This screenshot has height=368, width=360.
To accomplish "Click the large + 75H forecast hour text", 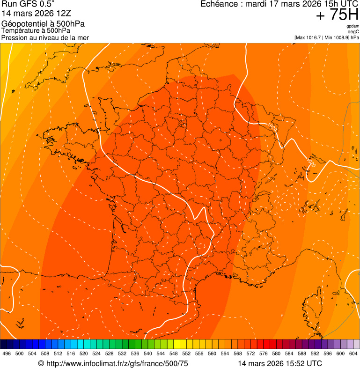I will tap(337, 15).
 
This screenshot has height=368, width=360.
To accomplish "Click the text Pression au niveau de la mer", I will tap(45, 37).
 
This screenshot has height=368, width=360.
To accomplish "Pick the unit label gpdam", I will tap(353, 26).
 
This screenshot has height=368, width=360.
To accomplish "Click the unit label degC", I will tap(353, 32).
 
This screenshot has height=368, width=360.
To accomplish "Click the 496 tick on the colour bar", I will tap(7, 353).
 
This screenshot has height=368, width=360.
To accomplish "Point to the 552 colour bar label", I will tap(186, 353).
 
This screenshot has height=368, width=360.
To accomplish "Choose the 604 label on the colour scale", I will tap(353, 353).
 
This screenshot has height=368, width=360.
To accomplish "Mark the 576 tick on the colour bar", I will tap(264, 353).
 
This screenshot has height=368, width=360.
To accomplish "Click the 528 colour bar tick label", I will tap(109, 353).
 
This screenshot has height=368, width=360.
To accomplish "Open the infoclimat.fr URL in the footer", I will tap(117, 363).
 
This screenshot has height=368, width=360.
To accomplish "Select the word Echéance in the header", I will tap(220, 5).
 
